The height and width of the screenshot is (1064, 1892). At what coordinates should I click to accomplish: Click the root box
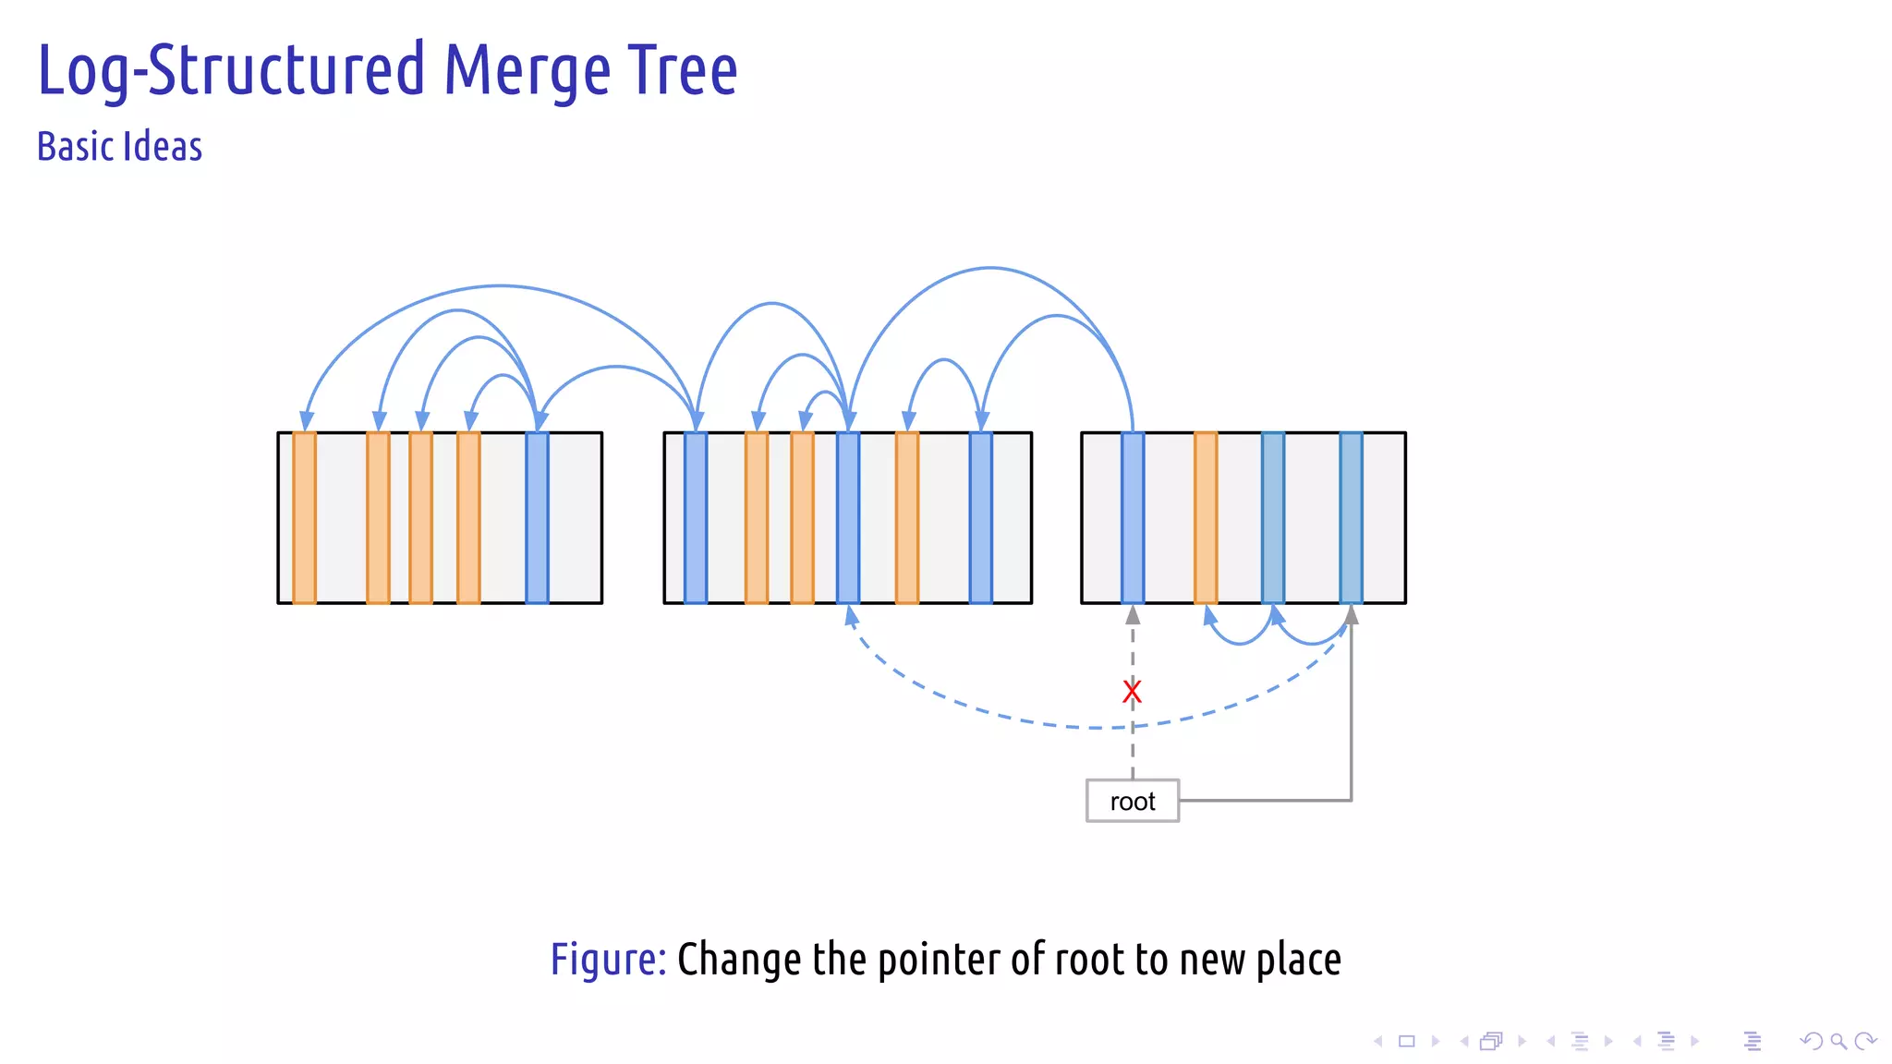tap(1132, 801)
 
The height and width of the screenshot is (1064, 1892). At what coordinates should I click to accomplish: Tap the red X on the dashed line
tap(1132, 691)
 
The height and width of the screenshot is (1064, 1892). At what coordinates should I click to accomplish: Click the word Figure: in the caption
tap(608, 959)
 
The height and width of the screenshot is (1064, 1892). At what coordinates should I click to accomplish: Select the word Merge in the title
tap(527, 72)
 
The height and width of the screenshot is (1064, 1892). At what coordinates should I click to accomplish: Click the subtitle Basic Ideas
tap(119, 147)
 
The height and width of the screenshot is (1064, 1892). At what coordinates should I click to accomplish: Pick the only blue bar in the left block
tap(537, 517)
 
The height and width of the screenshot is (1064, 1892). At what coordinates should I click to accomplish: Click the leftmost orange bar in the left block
tap(304, 517)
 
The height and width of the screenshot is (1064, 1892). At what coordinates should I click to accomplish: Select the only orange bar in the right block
tap(1206, 517)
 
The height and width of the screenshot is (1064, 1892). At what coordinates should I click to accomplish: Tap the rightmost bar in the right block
tap(1351, 517)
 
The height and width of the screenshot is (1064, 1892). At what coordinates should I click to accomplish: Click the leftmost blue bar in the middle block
tap(696, 517)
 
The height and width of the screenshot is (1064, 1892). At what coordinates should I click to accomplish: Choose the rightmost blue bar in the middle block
tap(980, 517)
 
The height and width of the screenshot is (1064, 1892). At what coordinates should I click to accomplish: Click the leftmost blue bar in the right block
tap(1133, 517)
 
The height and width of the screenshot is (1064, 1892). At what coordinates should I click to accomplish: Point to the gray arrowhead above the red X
tap(1133, 615)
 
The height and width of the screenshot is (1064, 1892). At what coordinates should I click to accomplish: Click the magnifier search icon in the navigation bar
tap(1837, 1042)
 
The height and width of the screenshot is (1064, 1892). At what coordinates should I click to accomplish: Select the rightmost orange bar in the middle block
tap(907, 517)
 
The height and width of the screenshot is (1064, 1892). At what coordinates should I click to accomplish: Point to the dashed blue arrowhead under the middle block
tap(851, 616)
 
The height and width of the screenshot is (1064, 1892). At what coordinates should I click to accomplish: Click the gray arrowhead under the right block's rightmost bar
tap(1352, 615)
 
